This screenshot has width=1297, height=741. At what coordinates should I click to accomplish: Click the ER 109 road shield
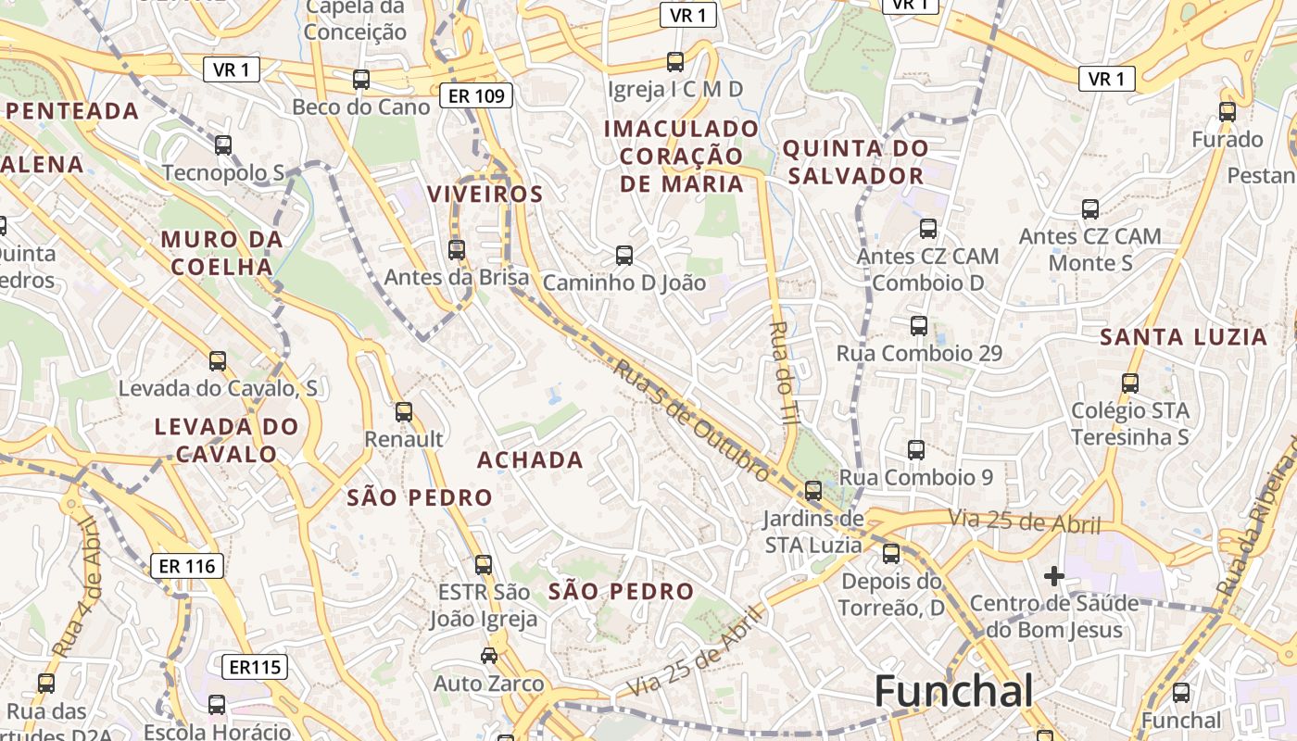pos(476,94)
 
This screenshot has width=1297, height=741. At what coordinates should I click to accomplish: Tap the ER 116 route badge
pos(187,565)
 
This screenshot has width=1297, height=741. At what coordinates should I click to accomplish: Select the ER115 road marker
pos(255,666)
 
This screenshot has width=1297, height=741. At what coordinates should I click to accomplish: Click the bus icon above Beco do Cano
pos(361,80)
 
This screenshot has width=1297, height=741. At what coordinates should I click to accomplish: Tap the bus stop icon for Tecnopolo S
pos(223,145)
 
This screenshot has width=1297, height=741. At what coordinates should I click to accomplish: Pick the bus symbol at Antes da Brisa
pos(456,249)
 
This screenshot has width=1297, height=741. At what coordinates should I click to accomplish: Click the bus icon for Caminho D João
pos(624,255)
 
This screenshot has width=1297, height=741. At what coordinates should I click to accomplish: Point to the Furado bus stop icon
pos(1228,112)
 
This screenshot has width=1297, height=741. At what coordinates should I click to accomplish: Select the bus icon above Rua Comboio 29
pos(919,326)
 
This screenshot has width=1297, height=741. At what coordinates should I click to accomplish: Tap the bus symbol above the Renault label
pos(404,412)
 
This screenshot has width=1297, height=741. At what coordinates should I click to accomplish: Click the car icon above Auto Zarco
pos(489,656)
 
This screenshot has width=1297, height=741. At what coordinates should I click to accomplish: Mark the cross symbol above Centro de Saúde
pos(1053,576)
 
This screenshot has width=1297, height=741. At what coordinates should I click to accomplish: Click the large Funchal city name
pos(953,692)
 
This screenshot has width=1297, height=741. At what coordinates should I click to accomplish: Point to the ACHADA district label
pos(530,459)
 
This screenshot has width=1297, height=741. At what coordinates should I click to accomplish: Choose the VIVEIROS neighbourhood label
pos(485,194)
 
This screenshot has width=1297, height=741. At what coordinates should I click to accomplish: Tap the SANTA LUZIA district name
pos(1183,337)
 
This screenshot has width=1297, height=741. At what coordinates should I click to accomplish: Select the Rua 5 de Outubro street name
pos(690,420)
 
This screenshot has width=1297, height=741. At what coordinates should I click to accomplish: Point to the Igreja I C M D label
pos(675,89)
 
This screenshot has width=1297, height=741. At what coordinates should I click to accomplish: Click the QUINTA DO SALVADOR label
pos(854,161)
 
